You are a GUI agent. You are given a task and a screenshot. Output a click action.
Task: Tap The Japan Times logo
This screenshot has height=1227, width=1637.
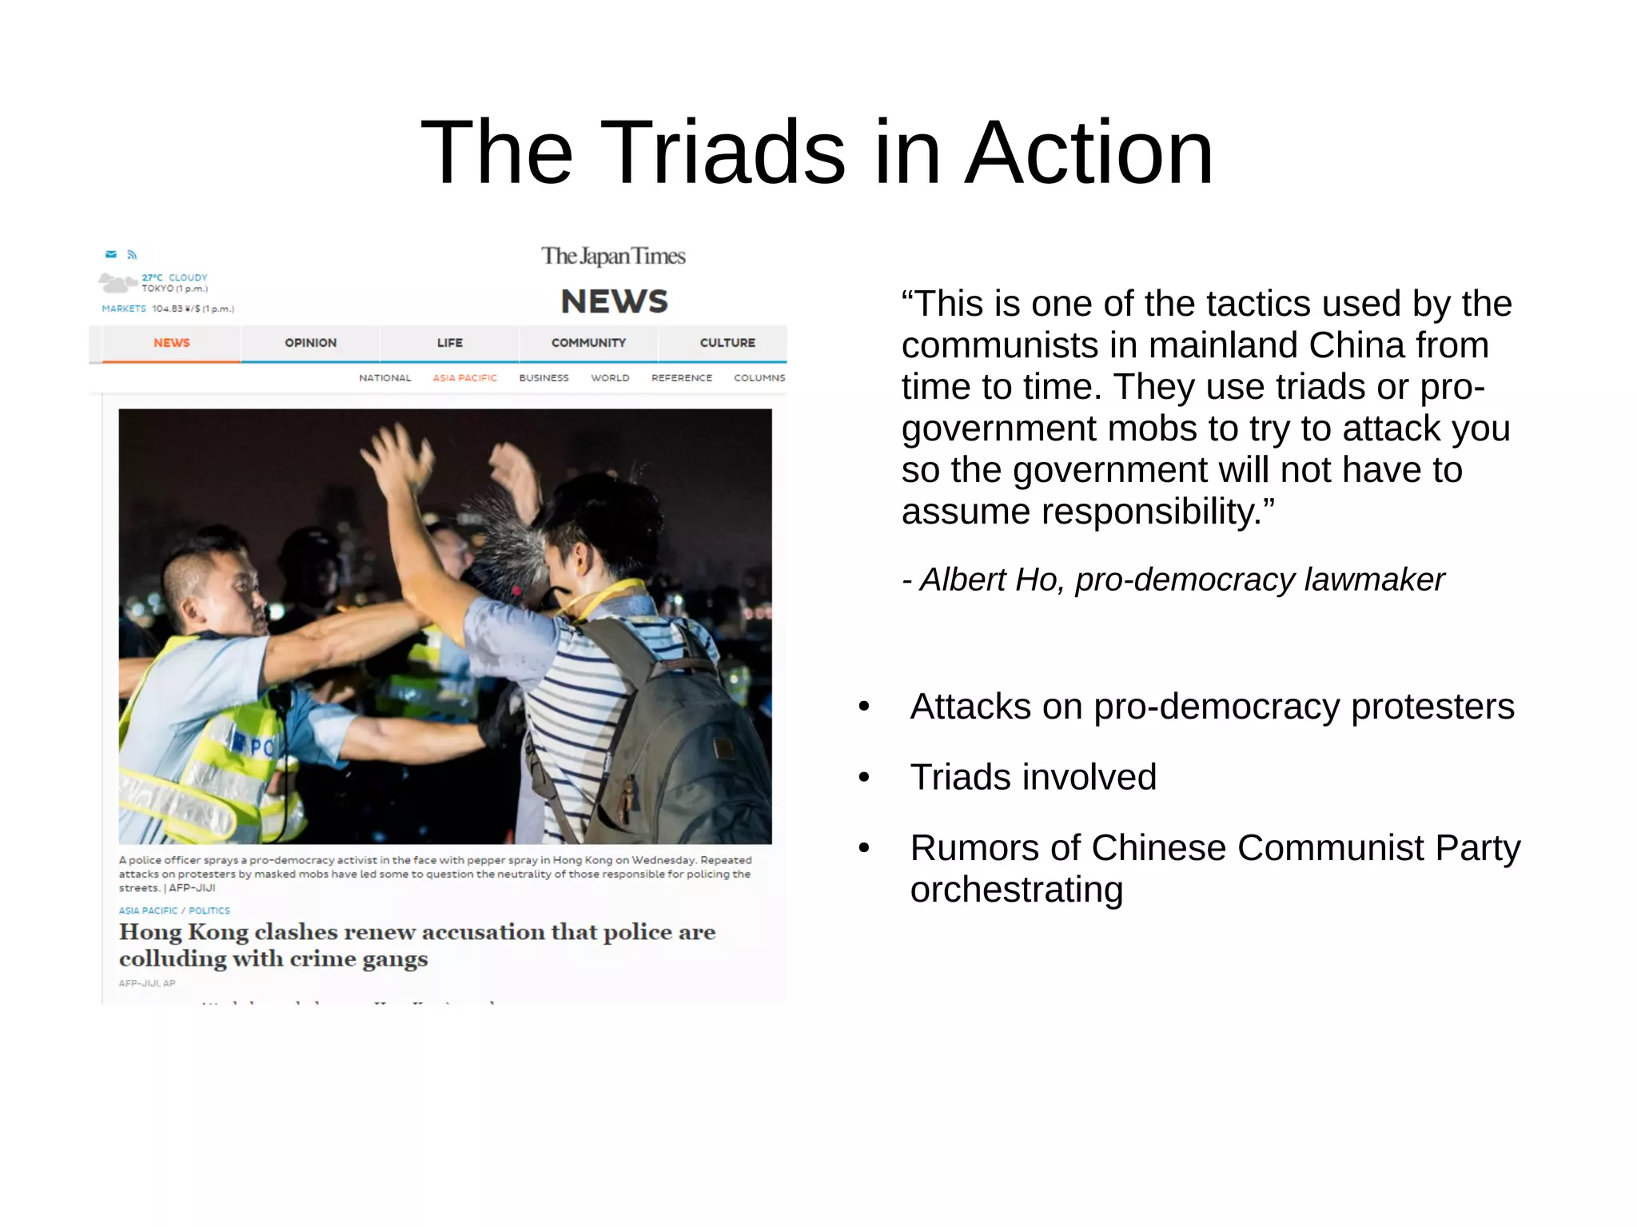point(613,256)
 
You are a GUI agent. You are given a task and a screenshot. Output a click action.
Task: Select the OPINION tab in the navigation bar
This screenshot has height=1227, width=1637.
point(310,343)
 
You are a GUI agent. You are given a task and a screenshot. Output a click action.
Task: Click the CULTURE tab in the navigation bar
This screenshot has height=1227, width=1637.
point(727,343)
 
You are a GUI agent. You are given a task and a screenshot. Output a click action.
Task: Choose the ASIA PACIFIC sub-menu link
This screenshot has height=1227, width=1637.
point(464,378)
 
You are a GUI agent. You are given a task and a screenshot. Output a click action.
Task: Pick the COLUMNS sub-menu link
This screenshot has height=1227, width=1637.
point(759,378)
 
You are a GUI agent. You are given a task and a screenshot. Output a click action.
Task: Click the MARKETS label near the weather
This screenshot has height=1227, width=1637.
point(124,309)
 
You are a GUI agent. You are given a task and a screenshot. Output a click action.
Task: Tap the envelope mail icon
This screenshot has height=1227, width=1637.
point(111,254)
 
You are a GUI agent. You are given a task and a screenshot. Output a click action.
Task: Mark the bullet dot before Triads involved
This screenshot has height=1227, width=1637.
point(863,777)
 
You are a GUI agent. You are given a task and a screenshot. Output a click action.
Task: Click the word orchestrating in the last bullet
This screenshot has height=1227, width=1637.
point(1016,890)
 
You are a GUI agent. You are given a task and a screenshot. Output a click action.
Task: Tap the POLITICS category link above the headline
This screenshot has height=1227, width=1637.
point(209,910)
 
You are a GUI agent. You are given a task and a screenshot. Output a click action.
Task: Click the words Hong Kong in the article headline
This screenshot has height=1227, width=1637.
point(184,932)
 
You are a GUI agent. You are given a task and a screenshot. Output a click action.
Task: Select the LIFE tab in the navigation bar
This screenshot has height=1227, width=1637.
point(449,343)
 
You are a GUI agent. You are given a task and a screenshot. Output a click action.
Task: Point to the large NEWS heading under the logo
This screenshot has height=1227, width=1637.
point(614,301)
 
